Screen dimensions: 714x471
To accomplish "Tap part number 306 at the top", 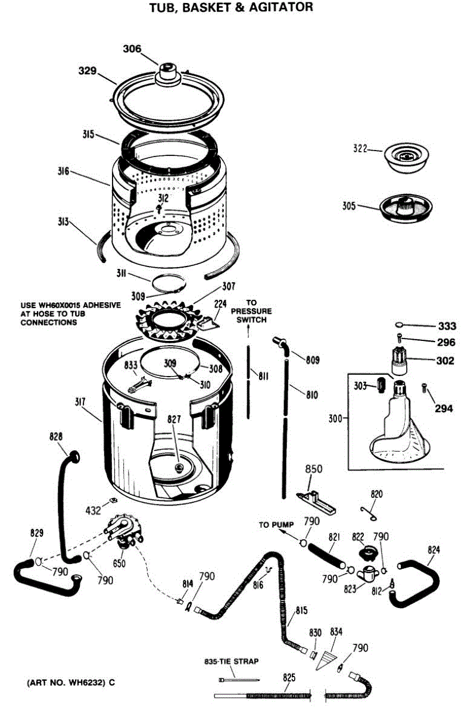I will tap(132, 49).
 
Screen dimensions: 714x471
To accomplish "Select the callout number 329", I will tap(88, 71).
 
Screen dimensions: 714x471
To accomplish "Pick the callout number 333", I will tap(447, 326).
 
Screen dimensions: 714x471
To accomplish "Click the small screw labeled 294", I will tap(423, 387).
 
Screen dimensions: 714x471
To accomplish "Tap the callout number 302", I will tap(445, 361).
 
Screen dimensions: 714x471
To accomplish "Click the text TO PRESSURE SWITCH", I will tap(251, 311).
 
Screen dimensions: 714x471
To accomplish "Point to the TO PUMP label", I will tap(273, 525).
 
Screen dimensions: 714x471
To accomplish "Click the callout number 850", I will tap(314, 469).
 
